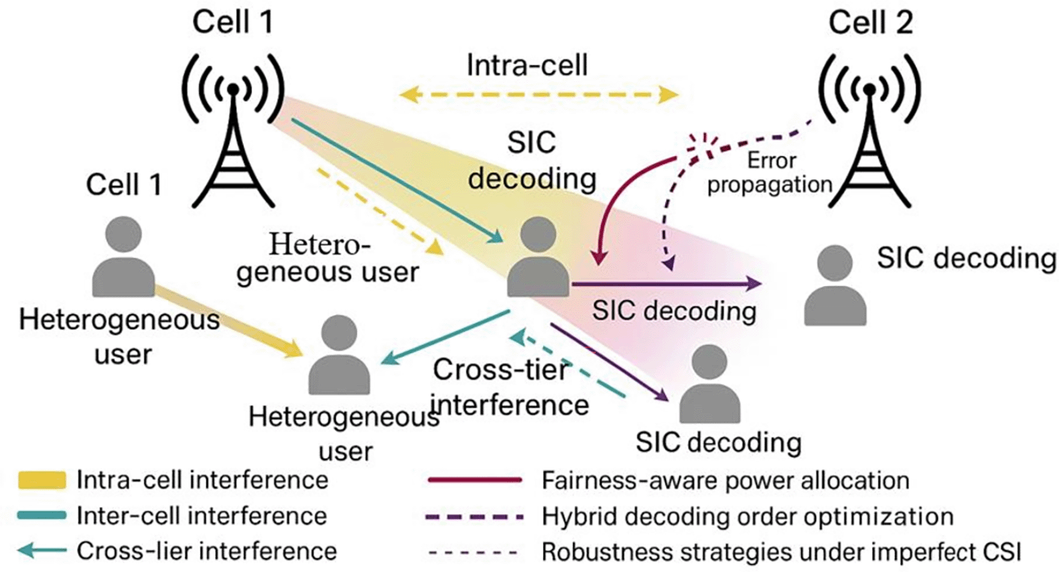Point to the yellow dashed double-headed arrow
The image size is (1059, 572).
[538, 95]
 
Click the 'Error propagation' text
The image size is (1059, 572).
[770, 172]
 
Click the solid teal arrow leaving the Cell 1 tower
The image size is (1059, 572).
[396, 180]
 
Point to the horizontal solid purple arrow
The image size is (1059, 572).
[665, 284]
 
